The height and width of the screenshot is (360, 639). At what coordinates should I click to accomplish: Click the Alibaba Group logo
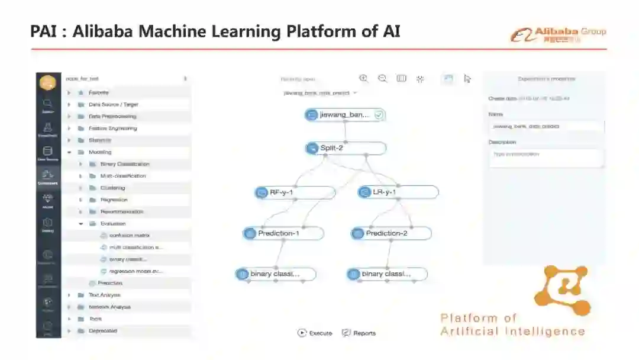coord(558,34)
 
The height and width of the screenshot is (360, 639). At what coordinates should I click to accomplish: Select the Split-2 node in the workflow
coord(346,148)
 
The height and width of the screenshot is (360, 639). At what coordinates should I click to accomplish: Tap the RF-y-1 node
coord(295,192)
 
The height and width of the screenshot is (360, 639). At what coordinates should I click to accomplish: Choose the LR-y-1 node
coord(398,192)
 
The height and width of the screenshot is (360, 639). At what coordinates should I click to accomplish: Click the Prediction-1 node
coord(284,233)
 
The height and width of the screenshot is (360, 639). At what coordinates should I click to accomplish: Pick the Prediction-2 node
coord(391,233)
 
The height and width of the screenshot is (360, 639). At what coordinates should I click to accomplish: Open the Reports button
coord(359,333)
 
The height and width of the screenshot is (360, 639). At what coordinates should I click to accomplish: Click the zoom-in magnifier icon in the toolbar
coord(364,78)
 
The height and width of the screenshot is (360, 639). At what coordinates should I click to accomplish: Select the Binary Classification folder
coord(124,164)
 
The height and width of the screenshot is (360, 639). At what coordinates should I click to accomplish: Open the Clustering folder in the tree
coord(112,188)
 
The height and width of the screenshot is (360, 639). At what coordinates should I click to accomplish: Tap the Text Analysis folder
coord(104,295)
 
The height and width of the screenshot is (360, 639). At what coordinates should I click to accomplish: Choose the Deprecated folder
coord(102,331)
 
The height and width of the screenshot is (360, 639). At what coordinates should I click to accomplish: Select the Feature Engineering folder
coord(112,128)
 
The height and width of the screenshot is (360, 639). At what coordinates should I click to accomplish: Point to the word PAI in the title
coord(46,31)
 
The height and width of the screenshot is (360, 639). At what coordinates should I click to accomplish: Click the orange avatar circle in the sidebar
coord(48,83)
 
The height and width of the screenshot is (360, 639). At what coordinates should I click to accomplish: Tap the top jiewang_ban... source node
coord(346,115)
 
